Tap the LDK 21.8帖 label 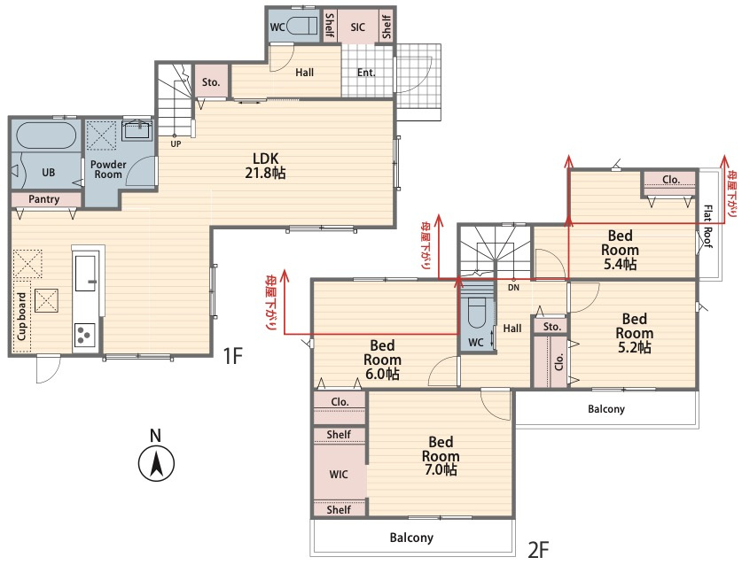coord(265,166)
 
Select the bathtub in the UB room coord(46,135)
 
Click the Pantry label coord(44,199)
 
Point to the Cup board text coord(22,316)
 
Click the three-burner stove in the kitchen coord(85,335)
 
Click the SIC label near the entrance coord(358,27)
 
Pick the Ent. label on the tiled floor coord(366,73)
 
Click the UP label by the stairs coord(176,143)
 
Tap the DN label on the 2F coord(513,288)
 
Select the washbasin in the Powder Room coord(137,130)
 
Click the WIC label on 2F coord(339,474)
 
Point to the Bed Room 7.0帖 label coord(441,456)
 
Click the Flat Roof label coord(707,226)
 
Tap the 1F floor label coord(233,355)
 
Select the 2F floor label coord(538,550)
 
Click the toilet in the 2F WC coord(477,313)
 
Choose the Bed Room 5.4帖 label coord(620,250)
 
